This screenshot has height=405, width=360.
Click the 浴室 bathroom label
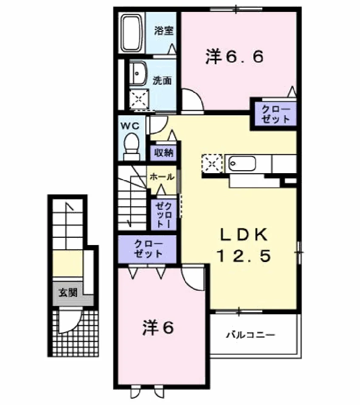pos(164,31)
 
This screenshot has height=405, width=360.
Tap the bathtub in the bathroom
pos(132,33)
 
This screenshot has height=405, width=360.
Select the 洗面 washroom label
pos(162,80)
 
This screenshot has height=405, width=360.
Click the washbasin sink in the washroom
pos(138,74)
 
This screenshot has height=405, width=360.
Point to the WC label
pos(130,126)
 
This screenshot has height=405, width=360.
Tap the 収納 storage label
pos(163,153)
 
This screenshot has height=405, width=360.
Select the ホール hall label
pos(162,177)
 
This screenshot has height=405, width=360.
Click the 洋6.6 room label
pos(235,57)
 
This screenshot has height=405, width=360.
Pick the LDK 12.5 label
pos(244,245)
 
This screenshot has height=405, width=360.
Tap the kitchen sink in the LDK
pos(242,163)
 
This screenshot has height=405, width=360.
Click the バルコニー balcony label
pos(251,335)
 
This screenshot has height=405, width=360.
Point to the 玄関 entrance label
pos(68,293)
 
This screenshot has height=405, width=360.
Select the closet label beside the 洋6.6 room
pos(275,114)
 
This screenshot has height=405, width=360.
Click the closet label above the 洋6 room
pos(148,249)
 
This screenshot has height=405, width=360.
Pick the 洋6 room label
pos(158,328)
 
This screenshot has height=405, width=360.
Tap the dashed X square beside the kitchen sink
pos(212,163)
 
